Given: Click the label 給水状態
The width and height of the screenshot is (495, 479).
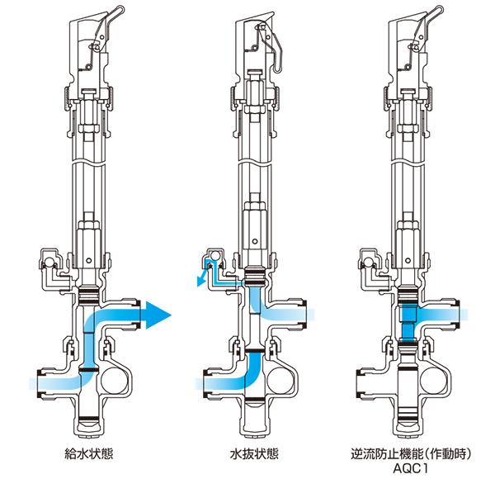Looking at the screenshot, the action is (x=88, y=454).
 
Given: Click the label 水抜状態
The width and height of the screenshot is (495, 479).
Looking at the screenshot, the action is (x=254, y=454).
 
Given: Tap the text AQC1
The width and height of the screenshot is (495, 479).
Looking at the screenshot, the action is (x=410, y=468).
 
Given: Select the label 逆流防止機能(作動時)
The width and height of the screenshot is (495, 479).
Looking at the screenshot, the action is (x=411, y=454).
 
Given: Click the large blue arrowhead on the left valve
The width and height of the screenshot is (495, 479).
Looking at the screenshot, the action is (x=158, y=315).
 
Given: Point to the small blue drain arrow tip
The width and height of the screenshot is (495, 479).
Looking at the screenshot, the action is (x=200, y=283).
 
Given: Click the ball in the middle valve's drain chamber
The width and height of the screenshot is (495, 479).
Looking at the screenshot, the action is (x=215, y=255).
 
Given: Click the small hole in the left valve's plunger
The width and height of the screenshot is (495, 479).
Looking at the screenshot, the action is (x=89, y=260).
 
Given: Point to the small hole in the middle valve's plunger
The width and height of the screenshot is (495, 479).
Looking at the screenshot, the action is (x=255, y=242).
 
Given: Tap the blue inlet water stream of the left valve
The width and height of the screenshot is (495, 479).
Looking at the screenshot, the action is (x=56, y=383).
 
